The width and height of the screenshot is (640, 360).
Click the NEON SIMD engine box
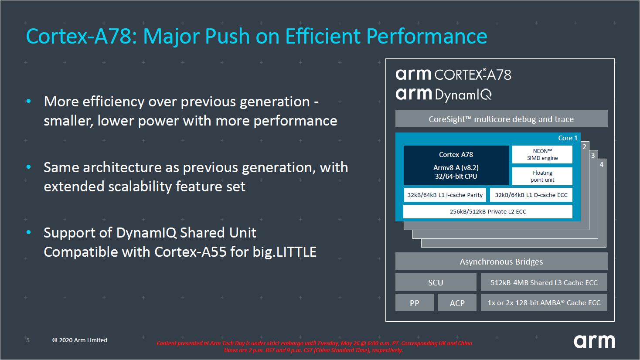542,155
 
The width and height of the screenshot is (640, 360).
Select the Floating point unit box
542,176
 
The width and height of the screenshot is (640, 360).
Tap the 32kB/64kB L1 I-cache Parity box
445,195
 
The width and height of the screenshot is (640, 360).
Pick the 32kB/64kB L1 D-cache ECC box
531,195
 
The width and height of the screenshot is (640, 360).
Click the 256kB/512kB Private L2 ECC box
487,211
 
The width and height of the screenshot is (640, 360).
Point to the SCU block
436,282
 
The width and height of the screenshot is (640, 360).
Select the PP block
414,303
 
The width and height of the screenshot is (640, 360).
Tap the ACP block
457,303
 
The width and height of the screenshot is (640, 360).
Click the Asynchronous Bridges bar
501,262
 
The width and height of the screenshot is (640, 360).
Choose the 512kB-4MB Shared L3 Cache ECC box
544,282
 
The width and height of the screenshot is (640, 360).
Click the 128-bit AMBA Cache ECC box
544,303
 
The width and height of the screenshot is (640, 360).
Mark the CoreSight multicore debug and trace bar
501,119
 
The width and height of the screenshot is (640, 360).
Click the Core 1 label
568,138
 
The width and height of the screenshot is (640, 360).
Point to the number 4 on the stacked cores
602,165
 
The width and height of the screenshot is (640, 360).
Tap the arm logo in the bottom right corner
594,341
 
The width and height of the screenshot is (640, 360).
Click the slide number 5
28,340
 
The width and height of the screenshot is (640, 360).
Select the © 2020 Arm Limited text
80,340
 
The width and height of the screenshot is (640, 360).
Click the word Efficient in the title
323,36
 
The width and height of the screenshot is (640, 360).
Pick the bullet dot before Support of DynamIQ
29,232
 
